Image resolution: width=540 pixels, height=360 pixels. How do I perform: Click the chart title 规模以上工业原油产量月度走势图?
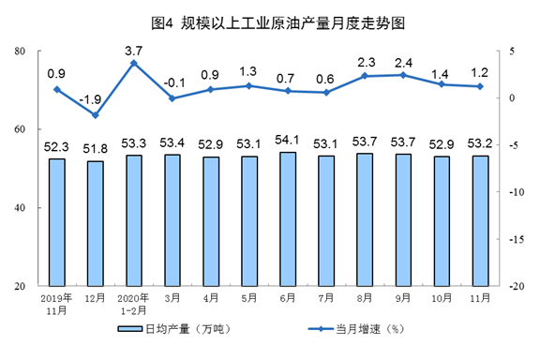[x=292, y=23]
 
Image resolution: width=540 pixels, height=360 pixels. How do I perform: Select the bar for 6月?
[x=288, y=219]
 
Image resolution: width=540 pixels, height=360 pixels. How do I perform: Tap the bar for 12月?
[x=96, y=223]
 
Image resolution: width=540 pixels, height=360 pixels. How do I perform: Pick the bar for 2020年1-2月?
[x=134, y=220]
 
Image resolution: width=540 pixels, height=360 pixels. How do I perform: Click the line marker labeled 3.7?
[x=134, y=63]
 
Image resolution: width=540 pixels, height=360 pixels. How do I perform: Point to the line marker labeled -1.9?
[x=96, y=115]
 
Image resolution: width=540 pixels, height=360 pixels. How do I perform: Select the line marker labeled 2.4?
[x=403, y=75]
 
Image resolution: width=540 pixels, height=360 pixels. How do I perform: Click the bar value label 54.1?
[x=287, y=140]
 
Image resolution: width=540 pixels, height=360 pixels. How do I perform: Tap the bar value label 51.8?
[x=95, y=149]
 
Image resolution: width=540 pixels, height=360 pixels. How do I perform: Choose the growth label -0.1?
[x=174, y=83]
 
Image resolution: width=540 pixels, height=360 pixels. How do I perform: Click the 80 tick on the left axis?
[x=20, y=51]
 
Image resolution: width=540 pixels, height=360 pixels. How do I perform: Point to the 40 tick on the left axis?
[x=20, y=208]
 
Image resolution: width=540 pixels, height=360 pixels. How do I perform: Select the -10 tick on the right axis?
[x=517, y=192]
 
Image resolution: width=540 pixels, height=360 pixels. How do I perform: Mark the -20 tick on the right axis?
[x=517, y=286]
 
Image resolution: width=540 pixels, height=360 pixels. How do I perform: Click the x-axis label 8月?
[x=365, y=297]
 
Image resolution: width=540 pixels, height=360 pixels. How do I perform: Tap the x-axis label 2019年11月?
[x=57, y=304]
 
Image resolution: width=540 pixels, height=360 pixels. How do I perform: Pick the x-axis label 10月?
[x=442, y=297]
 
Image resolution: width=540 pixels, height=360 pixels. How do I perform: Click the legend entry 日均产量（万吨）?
[x=174, y=329]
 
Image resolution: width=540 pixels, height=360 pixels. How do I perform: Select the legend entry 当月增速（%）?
[x=355, y=329]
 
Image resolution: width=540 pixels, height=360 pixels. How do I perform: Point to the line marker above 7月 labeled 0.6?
[x=326, y=92]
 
